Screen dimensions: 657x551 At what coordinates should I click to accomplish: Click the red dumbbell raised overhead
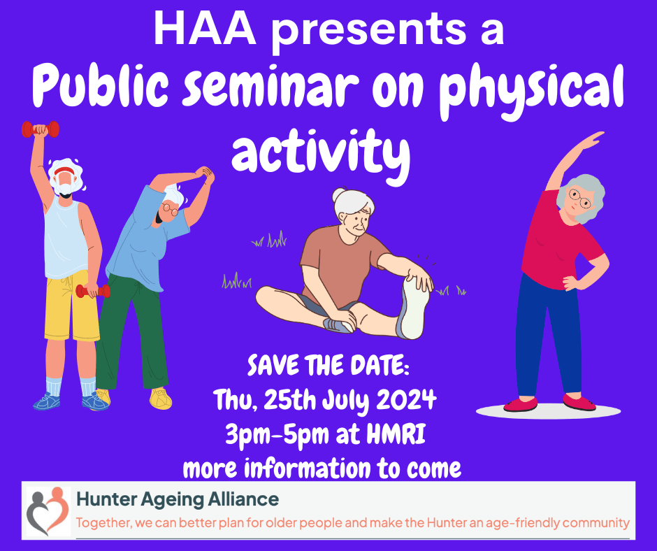(41, 129)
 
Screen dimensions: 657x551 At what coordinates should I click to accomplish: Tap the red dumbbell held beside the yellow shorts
(93, 291)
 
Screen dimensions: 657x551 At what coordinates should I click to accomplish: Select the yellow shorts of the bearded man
(71, 306)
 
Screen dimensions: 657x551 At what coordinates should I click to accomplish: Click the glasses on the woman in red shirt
(579, 199)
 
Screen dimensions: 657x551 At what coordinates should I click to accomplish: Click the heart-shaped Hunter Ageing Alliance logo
(48, 510)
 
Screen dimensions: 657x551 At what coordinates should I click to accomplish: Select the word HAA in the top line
(205, 28)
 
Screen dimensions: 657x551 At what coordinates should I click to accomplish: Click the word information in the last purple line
(307, 468)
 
